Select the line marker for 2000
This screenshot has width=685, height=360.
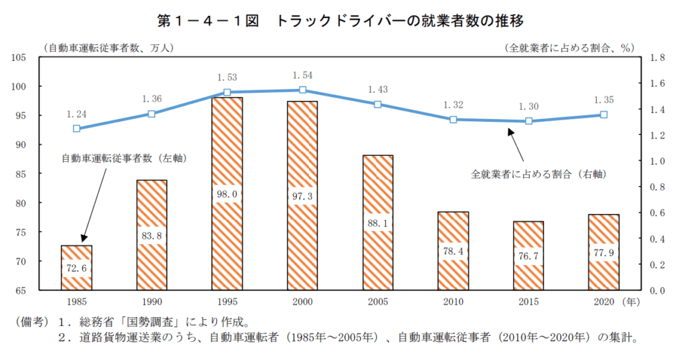[302, 90]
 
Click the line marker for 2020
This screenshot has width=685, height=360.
[603, 114]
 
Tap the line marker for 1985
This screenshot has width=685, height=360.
[76, 128]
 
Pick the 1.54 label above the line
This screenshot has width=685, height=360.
[302, 75]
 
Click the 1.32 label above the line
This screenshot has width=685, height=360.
[453, 104]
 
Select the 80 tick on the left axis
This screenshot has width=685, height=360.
[21, 203]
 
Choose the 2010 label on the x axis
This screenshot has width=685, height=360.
[453, 302]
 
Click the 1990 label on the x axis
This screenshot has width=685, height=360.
[152, 302]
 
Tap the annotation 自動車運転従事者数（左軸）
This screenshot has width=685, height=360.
[124, 159]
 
